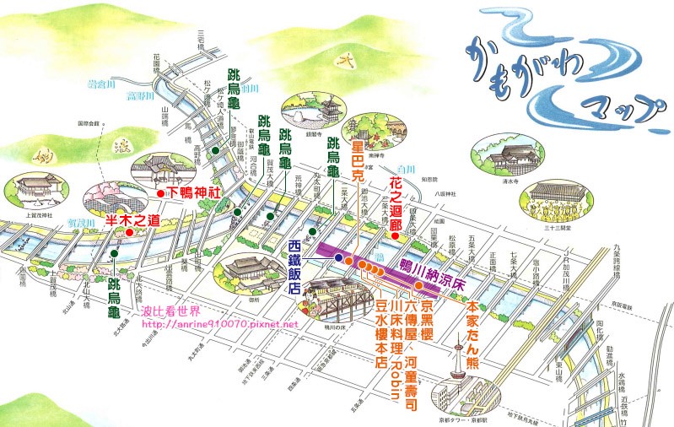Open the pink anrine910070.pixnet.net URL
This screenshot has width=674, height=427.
point(220,323)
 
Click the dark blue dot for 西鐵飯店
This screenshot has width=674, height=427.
point(338,257)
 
